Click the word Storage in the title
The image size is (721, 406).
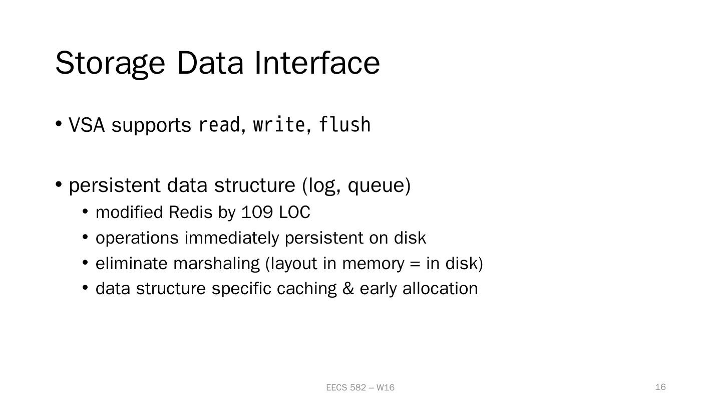pyautogui.click(x=110, y=63)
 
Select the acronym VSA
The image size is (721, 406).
pyautogui.click(x=87, y=125)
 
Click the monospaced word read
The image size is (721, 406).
pyautogui.click(x=219, y=125)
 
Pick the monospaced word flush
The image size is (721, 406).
pyautogui.click(x=344, y=125)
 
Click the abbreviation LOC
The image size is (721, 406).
pyautogui.click(x=294, y=213)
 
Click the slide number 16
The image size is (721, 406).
pyautogui.click(x=660, y=387)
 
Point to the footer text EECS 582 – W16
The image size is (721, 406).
pyautogui.click(x=360, y=387)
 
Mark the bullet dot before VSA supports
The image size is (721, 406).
pyautogui.click(x=59, y=123)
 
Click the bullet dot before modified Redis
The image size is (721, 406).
pyautogui.click(x=85, y=212)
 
